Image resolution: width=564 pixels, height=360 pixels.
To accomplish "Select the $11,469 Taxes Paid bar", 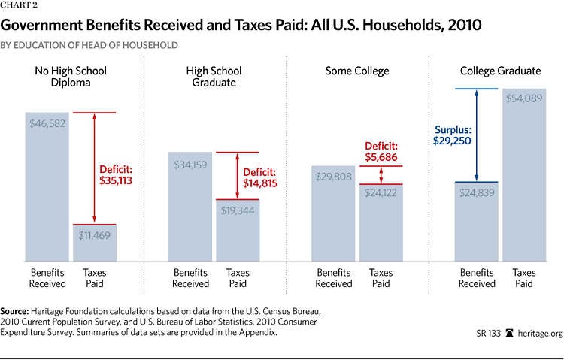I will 94,242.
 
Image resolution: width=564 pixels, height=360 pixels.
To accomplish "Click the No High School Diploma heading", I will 71,77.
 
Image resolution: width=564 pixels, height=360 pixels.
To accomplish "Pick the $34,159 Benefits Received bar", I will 190,207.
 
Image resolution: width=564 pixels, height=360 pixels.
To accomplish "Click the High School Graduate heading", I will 214,77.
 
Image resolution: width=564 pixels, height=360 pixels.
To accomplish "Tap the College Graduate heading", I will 500,71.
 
